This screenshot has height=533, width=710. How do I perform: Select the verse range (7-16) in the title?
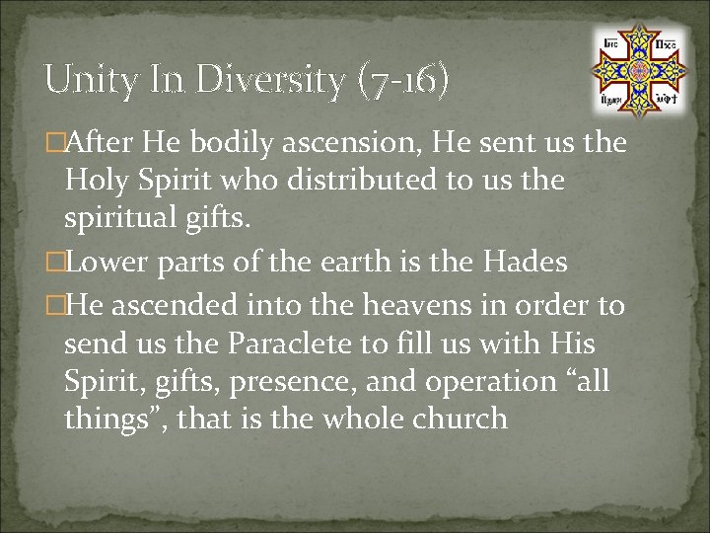[x=404, y=79]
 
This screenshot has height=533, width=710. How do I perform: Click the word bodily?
[x=236, y=143]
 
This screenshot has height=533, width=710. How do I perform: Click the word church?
[x=459, y=419]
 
